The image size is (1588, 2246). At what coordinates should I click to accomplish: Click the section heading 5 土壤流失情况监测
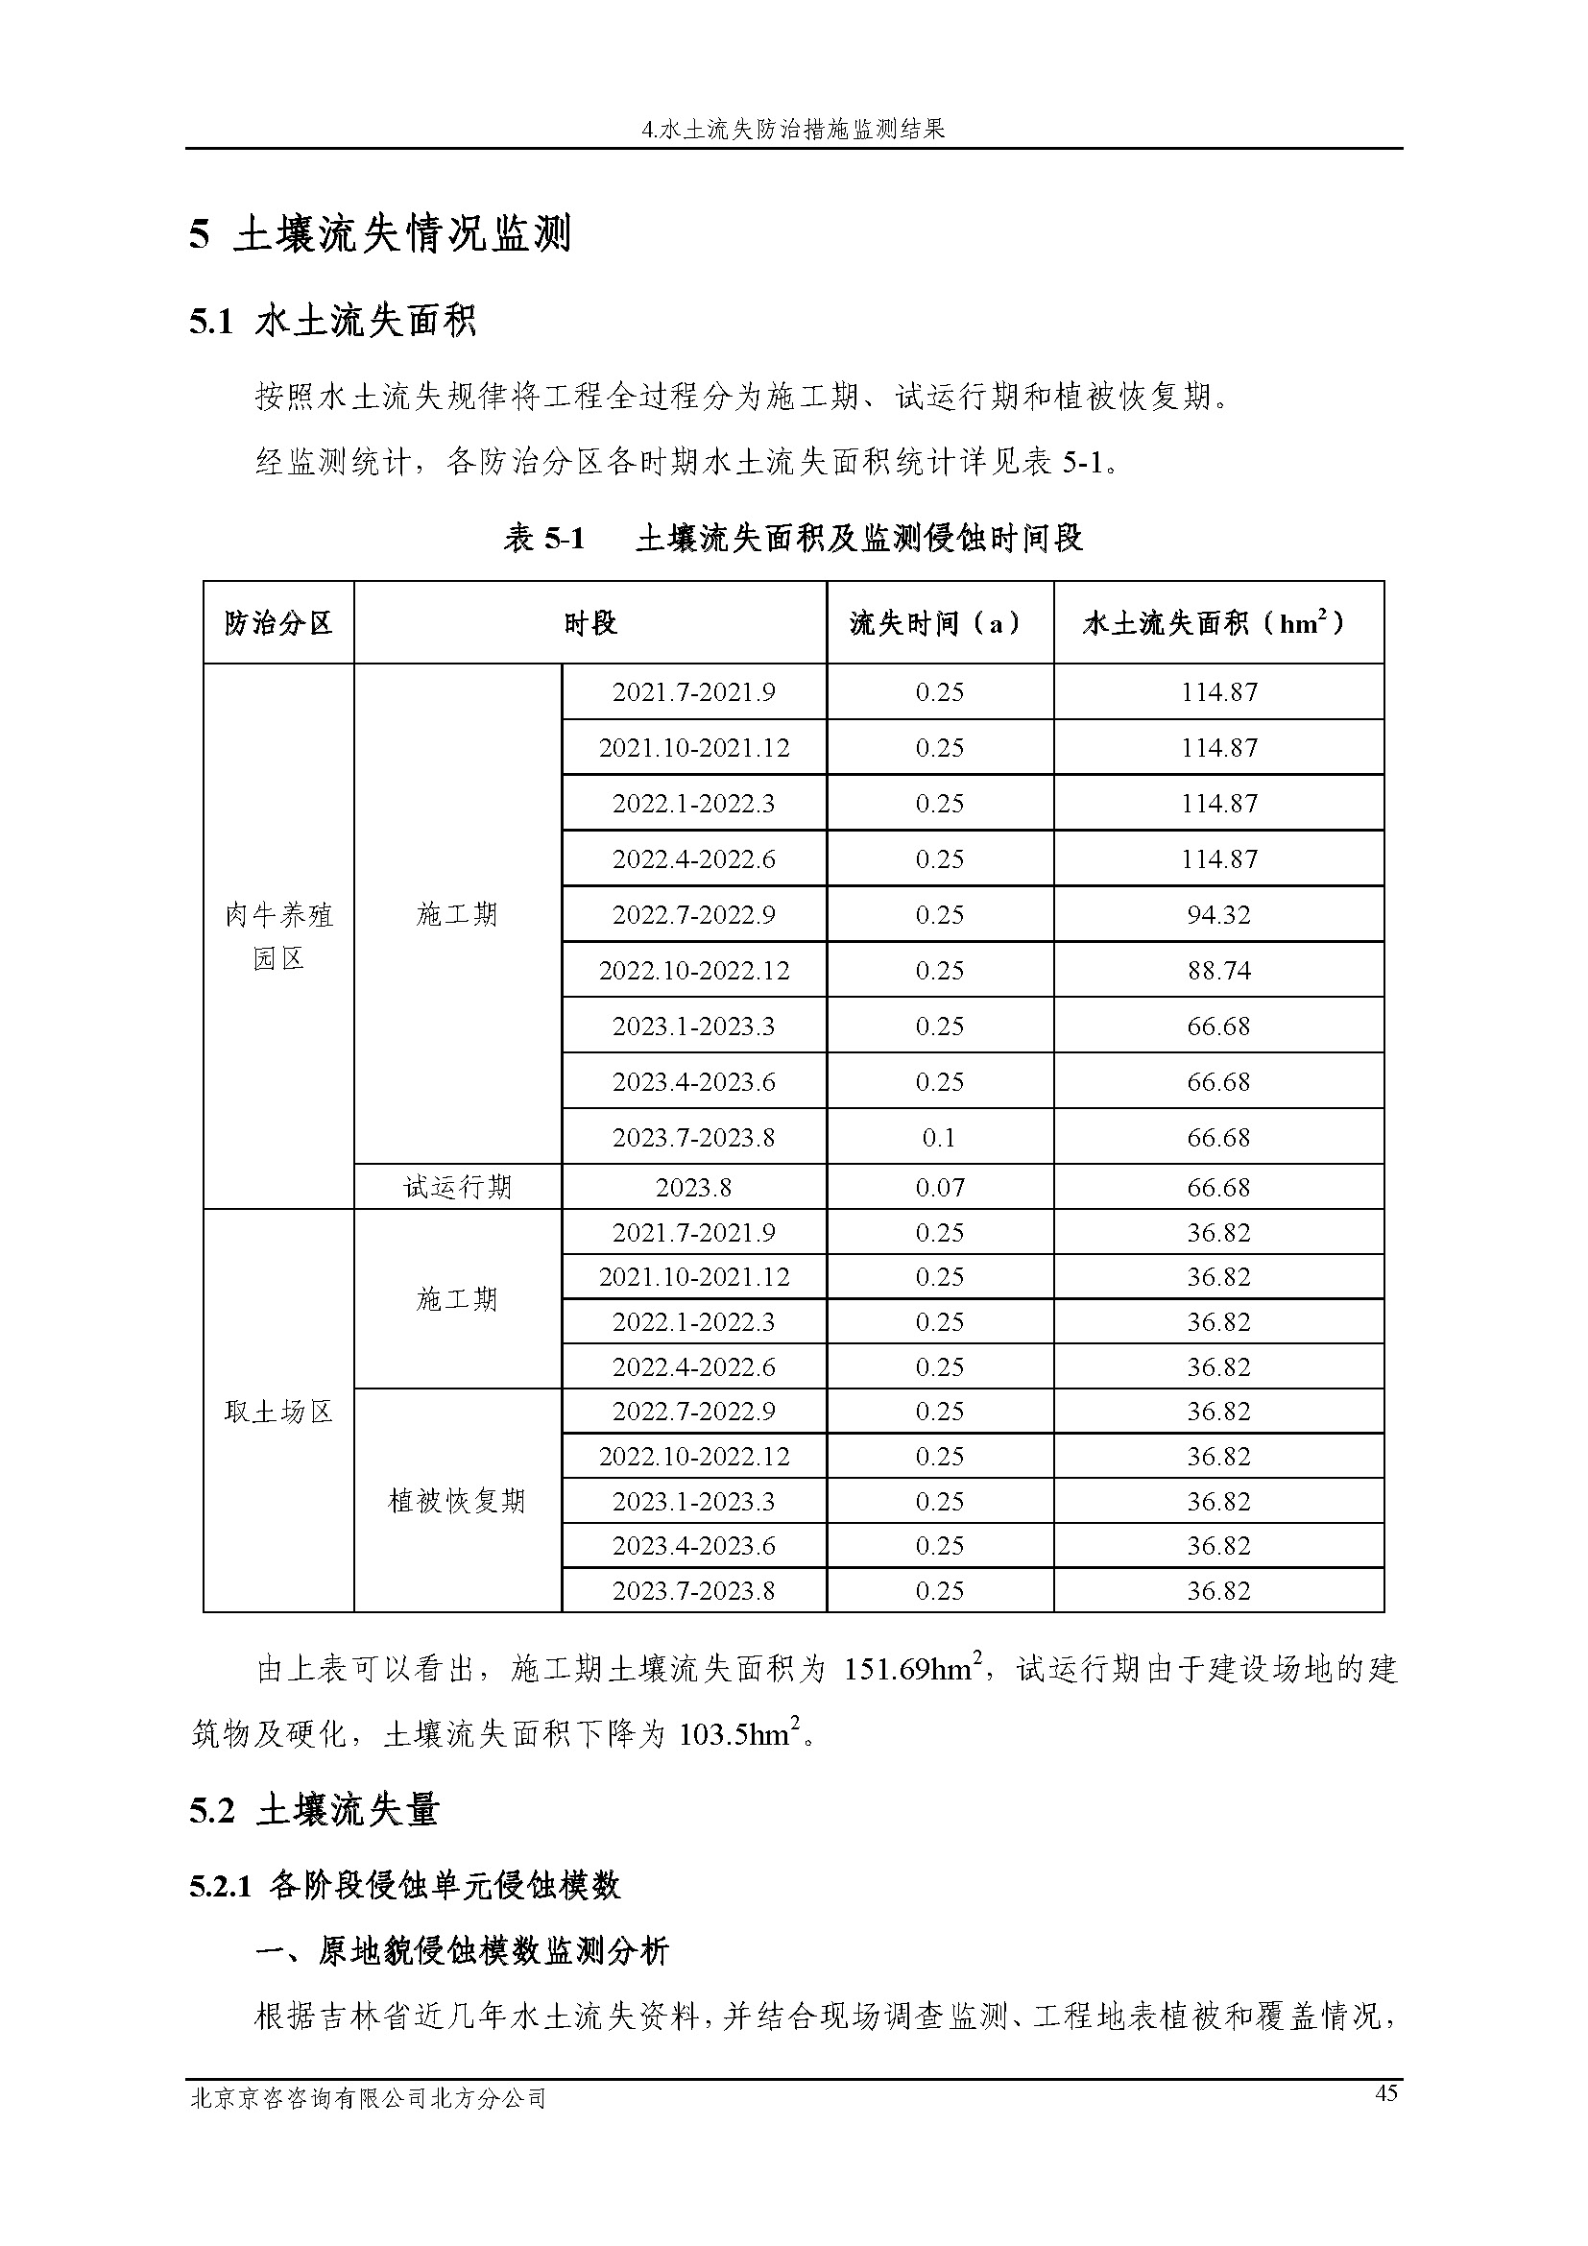click(380, 234)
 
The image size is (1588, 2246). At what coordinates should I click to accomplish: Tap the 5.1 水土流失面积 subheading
click(332, 321)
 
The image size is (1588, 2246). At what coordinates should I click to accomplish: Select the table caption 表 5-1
click(543, 538)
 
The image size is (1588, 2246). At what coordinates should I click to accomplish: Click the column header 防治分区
click(278, 623)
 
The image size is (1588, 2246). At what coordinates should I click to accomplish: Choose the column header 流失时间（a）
click(939, 623)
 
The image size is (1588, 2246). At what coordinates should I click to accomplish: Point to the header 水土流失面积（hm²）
click(1217, 623)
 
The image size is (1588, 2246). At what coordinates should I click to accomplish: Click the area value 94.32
click(1218, 915)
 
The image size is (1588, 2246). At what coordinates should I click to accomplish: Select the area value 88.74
click(1218, 971)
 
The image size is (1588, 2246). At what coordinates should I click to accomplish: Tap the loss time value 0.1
click(939, 1138)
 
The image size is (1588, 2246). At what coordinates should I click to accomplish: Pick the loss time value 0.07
click(940, 1188)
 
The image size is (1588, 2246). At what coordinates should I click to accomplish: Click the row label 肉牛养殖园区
click(278, 936)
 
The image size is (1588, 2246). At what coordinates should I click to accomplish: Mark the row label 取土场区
click(278, 1412)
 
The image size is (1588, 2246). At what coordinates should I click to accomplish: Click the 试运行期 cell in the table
click(458, 1188)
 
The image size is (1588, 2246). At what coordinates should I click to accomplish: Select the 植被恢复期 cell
click(458, 1501)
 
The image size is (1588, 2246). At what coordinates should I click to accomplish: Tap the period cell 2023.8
click(693, 1188)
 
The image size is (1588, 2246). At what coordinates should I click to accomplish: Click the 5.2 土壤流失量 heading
click(314, 1811)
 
